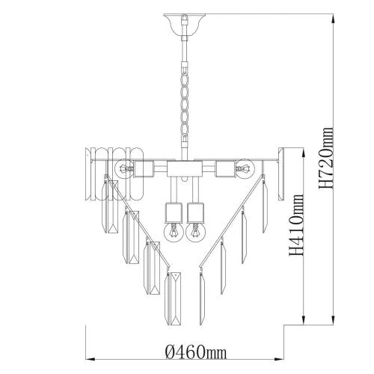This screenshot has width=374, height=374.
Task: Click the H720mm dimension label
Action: click(x=326, y=158)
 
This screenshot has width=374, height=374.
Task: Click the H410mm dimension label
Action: click(x=297, y=224)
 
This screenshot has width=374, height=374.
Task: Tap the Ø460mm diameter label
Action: click(x=197, y=352)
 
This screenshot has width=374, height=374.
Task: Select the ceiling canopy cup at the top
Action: click(x=185, y=25)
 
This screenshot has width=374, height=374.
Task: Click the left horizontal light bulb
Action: click(x=124, y=169)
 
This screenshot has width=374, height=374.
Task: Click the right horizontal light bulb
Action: click(x=245, y=169)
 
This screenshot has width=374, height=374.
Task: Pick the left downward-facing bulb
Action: click(x=174, y=232)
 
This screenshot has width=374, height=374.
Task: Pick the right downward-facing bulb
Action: click(x=195, y=232)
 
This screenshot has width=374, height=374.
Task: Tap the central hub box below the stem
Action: click(x=185, y=169)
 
